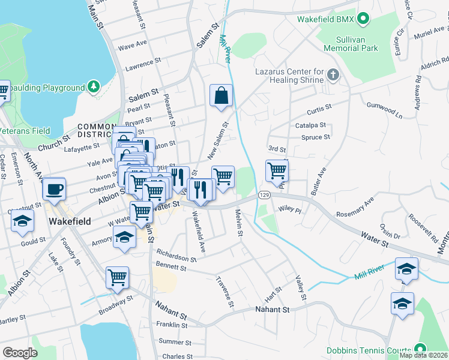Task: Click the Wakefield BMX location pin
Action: pos(363,20)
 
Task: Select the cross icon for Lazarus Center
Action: pos(333,76)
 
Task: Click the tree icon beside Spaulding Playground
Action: pos(93,88)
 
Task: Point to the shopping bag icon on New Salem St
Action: pos(221,95)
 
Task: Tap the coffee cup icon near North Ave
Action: pos(55,188)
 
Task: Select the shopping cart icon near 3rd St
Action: pos(277,170)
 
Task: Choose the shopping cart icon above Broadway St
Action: pos(117,277)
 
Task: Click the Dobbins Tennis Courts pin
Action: pos(420,349)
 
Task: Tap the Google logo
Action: pos(20,352)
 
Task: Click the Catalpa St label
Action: pos(310,125)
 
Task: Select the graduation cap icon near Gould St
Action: pos(22,221)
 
